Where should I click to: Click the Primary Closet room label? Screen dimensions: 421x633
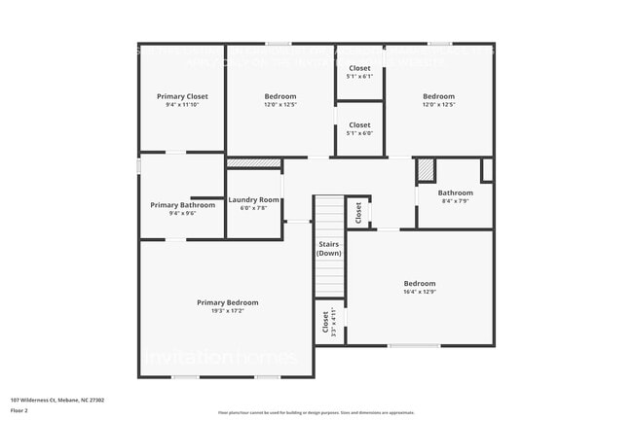click(x=182, y=96)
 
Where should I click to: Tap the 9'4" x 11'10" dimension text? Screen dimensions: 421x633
click(x=182, y=105)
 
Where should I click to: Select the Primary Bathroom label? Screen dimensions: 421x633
click(x=182, y=205)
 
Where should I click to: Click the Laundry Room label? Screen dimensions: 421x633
click(x=254, y=199)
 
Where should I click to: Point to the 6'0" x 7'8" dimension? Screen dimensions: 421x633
click(x=254, y=208)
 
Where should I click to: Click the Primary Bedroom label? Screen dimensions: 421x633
click(x=227, y=302)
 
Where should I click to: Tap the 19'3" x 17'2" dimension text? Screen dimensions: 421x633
click(x=227, y=311)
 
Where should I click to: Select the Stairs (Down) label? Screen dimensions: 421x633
click(x=328, y=248)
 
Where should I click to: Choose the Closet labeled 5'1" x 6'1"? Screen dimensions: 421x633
click(x=359, y=69)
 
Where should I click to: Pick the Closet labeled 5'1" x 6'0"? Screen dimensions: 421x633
click(x=359, y=125)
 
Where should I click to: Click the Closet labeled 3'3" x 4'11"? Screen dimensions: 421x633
click(x=325, y=322)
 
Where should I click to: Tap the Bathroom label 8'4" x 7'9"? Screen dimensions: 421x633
click(x=455, y=193)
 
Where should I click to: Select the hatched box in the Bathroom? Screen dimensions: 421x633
click(x=426, y=170)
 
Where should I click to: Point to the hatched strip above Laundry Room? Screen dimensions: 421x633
click(x=253, y=163)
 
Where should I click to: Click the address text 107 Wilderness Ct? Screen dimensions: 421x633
click(x=57, y=400)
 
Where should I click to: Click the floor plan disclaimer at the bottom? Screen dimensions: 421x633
click(x=316, y=411)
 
